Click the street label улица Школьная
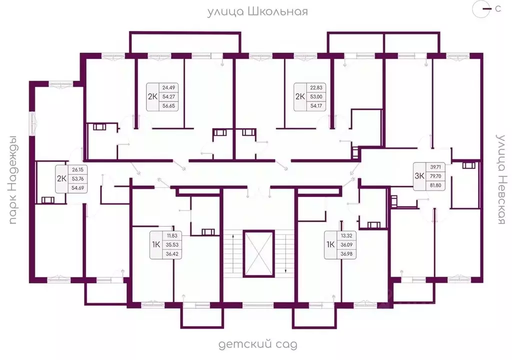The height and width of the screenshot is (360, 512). [257, 12]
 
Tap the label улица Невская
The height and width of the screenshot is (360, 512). [501, 179]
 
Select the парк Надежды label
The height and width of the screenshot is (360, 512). [12, 180]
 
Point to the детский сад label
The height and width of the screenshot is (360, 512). [257, 344]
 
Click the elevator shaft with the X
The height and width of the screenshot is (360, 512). [258, 253]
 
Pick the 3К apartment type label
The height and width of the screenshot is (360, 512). [419, 176]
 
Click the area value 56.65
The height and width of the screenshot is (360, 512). [169, 106]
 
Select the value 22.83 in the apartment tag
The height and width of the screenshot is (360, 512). [316, 87]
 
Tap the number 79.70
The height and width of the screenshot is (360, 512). [435, 176]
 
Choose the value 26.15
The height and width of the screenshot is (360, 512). [77, 169]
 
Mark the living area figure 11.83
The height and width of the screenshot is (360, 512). [172, 235]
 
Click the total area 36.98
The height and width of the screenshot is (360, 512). [346, 254]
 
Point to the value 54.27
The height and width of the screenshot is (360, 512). [169, 96]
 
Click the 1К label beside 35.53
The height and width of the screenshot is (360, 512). [156, 244]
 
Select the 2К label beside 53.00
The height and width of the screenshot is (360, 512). [300, 96]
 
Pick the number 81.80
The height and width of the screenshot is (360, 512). [435, 185]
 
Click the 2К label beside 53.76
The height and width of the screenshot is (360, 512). [61, 178]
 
